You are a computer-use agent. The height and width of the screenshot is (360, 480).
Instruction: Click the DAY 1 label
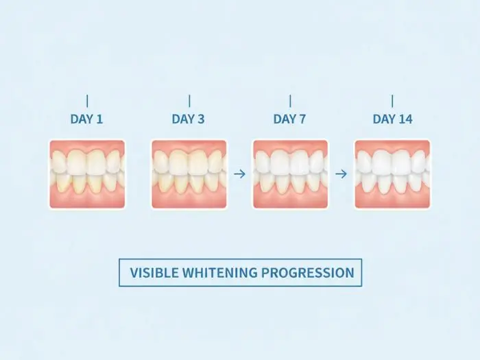(x=86, y=119)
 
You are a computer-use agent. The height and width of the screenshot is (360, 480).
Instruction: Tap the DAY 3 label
(x=188, y=119)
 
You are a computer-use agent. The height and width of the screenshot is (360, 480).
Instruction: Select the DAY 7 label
(x=289, y=119)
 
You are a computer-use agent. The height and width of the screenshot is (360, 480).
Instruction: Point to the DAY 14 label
(x=392, y=119)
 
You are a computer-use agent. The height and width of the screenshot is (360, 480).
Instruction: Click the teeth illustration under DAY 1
(x=87, y=174)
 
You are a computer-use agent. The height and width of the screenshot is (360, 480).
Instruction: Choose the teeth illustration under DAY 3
(x=189, y=174)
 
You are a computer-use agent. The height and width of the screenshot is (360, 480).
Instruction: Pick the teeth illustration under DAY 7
(x=290, y=174)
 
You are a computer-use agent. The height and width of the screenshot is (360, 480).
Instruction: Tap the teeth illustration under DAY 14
(x=392, y=174)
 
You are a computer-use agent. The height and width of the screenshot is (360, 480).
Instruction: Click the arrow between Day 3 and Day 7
(x=239, y=174)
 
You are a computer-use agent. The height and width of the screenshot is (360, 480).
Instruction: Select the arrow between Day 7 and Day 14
(x=341, y=174)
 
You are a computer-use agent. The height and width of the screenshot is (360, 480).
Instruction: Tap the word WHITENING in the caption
(x=220, y=272)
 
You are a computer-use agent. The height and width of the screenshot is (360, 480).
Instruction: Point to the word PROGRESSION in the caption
(x=307, y=272)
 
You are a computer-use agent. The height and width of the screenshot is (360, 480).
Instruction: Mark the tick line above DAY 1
(x=87, y=100)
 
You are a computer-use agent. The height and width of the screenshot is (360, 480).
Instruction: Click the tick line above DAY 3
(x=189, y=100)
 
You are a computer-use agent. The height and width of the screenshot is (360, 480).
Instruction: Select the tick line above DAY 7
(x=290, y=100)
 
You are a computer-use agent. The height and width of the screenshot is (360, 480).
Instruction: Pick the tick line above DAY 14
(x=392, y=100)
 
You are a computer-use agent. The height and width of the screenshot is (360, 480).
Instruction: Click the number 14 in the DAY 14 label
(x=405, y=119)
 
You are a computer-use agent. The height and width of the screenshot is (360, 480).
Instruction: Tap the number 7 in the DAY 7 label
(x=302, y=119)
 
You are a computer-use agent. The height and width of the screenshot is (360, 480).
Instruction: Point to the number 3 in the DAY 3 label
(x=201, y=119)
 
